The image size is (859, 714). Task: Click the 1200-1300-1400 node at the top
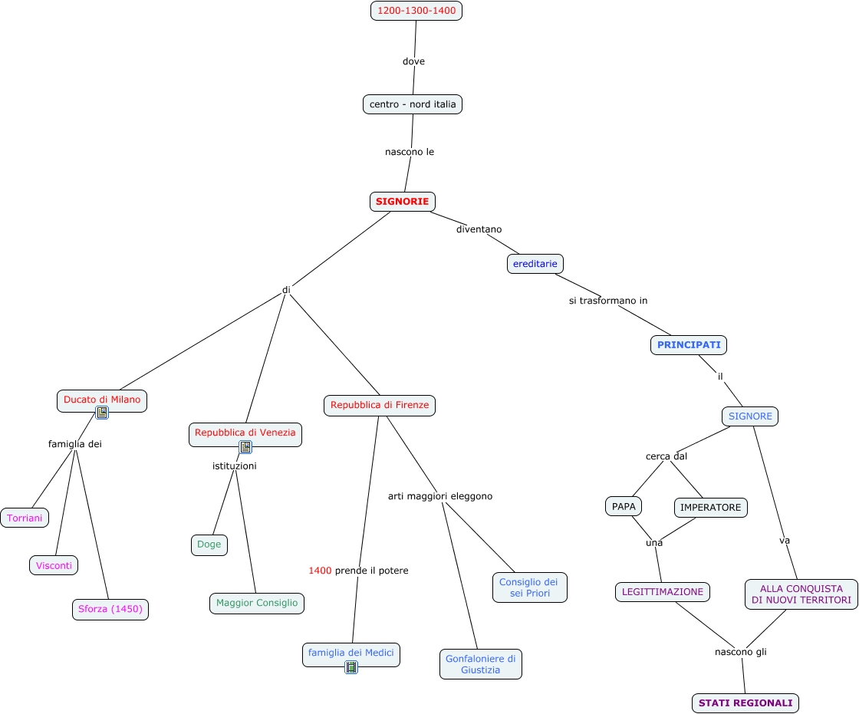[x=416, y=11]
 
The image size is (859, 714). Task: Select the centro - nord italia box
[x=413, y=104]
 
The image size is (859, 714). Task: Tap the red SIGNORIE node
[x=403, y=201]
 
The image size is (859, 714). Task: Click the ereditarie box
[x=535, y=264]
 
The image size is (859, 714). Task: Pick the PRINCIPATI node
[x=689, y=344]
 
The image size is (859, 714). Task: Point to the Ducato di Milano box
[x=102, y=400]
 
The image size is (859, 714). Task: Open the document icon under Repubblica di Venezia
[x=245, y=447]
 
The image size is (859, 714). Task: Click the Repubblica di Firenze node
[x=380, y=406]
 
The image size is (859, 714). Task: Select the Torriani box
[x=25, y=518]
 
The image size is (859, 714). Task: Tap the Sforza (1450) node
[x=110, y=610]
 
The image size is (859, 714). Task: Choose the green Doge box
[x=209, y=545]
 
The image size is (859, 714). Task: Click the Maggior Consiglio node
[x=257, y=604]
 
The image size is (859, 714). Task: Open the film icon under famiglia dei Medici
[x=351, y=667]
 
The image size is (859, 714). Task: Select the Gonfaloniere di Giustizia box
[x=480, y=664]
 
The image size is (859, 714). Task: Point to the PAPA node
[x=624, y=506]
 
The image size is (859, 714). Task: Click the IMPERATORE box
[x=710, y=508]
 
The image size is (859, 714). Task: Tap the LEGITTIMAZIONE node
[x=663, y=592]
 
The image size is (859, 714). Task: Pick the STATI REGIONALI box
[x=745, y=703]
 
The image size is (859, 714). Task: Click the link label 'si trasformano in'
[x=608, y=301]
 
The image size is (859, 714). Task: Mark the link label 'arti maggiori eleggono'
[x=440, y=496]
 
